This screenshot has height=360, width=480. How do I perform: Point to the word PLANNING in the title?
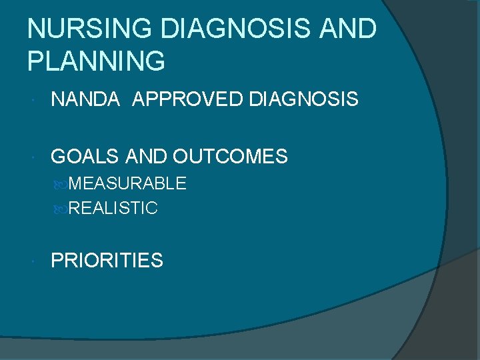[x=96, y=61]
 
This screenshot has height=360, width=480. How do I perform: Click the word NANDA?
[x=85, y=100]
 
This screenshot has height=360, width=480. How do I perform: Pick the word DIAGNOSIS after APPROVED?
[x=303, y=100]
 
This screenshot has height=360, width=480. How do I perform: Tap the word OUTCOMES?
[x=230, y=157]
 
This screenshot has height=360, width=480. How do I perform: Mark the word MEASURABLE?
[x=127, y=183]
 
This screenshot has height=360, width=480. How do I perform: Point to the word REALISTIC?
[x=113, y=209]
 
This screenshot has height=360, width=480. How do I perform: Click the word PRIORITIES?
[x=107, y=261]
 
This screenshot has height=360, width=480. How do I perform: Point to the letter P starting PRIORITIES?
[x=57, y=261]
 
